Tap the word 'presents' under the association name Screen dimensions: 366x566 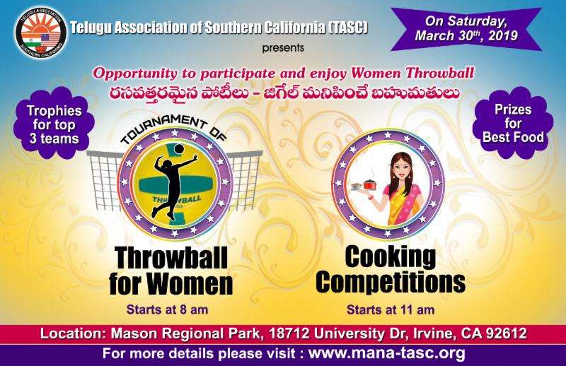pos(286,49)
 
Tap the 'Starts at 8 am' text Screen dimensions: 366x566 pos(170,308)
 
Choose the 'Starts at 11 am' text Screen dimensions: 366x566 pos(391,309)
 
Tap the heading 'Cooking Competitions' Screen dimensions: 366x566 pos(391,271)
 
